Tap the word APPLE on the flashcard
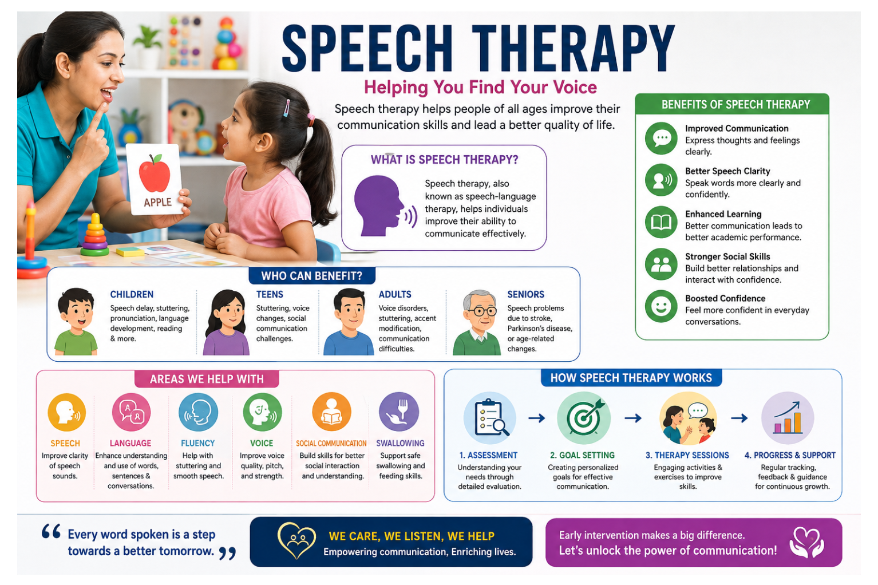[x=157, y=202]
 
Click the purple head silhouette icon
[x=379, y=206]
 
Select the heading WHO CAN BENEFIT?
[x=311, y=276]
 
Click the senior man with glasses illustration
[x=477, y=323]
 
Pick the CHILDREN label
[x=132, y=294]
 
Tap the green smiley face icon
[x=661, y=306]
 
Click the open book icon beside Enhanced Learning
[x=661, y=222]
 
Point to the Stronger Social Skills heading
[x=727, y=256]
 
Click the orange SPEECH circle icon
[x=66, y=412]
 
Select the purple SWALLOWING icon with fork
[x=399, y=412]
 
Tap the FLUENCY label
[x=198, y=443]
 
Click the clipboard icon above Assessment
[x=490, y=418]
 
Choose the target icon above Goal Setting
[x=584, y=418]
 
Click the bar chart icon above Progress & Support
[x=788, y=418]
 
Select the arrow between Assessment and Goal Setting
[x=537, y=418]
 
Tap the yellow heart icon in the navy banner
[x=296, y=541]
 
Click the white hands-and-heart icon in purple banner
[x=806, y=542]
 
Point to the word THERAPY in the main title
[x=573, y=49]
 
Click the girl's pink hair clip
[x=287, y=108]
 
